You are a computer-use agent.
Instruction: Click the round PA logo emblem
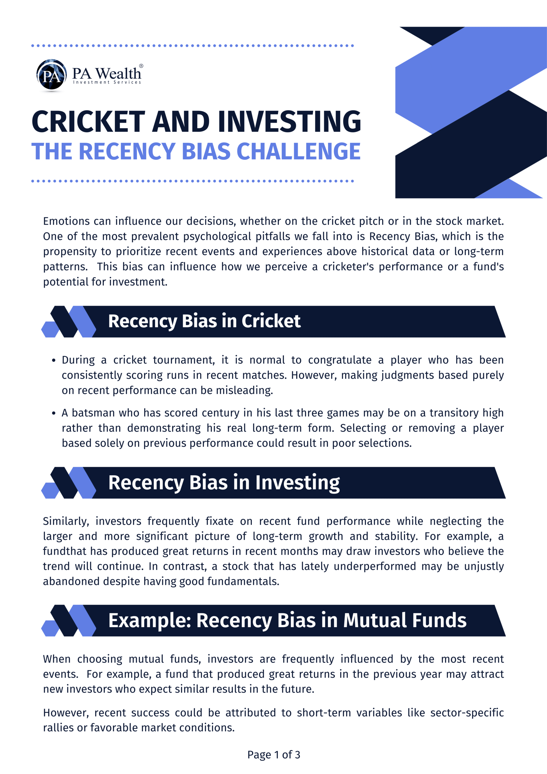click(51, 75)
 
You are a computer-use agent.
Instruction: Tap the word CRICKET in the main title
click(88, 122)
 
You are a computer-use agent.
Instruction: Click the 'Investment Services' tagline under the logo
click(107, 82)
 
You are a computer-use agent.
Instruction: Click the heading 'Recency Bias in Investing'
click(224, 483)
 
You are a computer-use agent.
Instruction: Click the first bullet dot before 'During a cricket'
click(53, 360)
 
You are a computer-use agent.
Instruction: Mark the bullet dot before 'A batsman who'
click(53, 413)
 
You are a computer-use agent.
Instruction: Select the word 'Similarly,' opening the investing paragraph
click(66, 521)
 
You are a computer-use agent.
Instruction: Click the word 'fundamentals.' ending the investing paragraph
click(243, 581)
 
